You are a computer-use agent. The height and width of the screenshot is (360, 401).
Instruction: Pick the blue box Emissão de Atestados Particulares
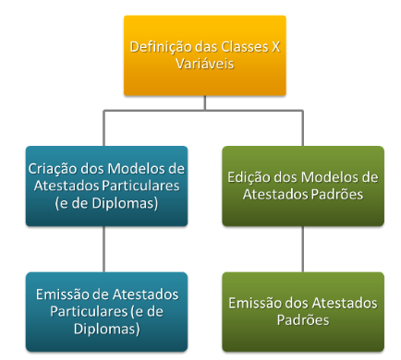point(106,311)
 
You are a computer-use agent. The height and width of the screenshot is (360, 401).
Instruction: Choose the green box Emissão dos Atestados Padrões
point(303,311)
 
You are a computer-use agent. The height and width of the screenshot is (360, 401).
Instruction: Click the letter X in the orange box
point(276,47)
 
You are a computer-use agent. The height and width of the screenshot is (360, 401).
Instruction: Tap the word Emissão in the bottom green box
point(254,302)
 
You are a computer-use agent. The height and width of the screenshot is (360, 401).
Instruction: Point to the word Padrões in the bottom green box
point(303,319)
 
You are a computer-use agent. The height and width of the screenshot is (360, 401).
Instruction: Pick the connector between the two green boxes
point(303,249)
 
